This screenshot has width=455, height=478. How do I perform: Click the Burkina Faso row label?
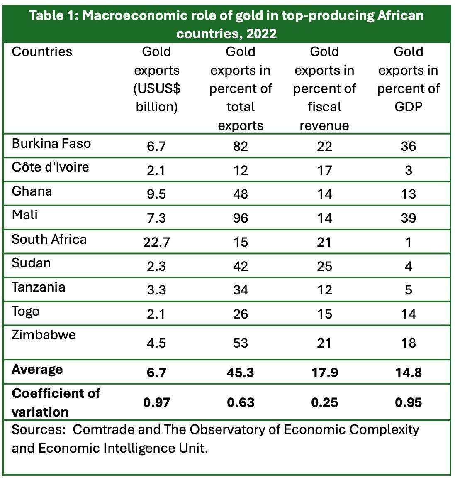51,144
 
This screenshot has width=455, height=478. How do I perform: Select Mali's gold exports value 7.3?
156,218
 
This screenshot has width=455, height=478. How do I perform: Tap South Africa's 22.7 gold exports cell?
156,242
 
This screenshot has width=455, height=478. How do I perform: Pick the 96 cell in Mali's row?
241,218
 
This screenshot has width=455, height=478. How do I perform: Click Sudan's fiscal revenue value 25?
324,266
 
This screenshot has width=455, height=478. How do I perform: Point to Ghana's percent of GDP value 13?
408,194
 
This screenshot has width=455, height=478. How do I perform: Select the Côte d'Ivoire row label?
50,167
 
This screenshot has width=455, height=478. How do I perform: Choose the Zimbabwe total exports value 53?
241,343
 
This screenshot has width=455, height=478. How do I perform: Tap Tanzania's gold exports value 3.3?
156,290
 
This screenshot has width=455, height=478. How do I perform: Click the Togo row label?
26,311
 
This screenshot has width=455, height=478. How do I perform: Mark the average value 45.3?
241,373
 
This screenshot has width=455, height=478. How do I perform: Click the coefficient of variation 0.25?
324,402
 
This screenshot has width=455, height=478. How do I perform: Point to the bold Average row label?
37,369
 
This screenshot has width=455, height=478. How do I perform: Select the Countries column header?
42,52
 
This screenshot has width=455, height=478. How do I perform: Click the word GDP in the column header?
408,107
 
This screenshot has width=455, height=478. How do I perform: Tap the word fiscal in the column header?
324,107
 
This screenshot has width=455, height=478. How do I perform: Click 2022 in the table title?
261,33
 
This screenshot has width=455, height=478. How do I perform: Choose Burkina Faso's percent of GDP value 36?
408,147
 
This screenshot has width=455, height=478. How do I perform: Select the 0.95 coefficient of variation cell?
408,402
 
